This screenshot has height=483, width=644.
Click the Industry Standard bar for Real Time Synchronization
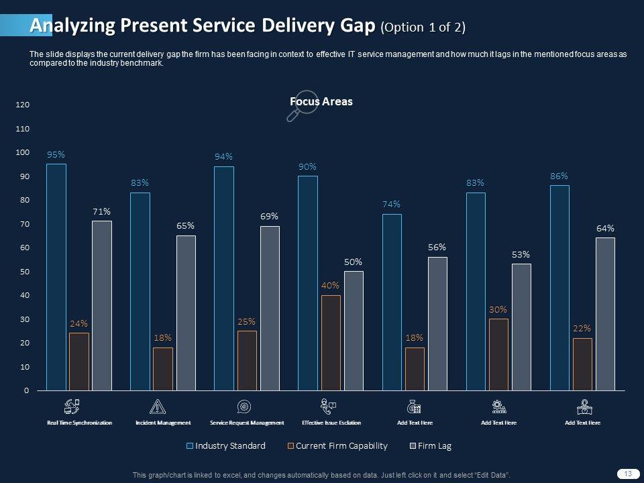click(56, 277)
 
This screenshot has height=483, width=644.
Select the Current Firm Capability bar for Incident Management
click(163, 368)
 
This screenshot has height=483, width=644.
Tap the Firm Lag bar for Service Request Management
click(270, 308)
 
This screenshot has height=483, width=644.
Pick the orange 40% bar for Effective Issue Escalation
click(331, 342)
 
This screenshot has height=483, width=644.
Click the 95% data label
click(56, 154)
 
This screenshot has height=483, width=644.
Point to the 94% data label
click(223, 156)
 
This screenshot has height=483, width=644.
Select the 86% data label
click(559, 176)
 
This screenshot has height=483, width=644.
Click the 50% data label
click(354, 262)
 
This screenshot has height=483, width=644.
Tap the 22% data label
click(582, 329)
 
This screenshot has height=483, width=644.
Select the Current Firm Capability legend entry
click(337, 445)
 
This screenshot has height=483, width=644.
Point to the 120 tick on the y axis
click(23, 105)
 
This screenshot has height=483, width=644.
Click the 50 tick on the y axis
click(24, 272)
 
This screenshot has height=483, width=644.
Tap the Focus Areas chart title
click(321, 101)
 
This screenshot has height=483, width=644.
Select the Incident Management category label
click(163, 423)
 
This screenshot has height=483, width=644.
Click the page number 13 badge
click(628, 474)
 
